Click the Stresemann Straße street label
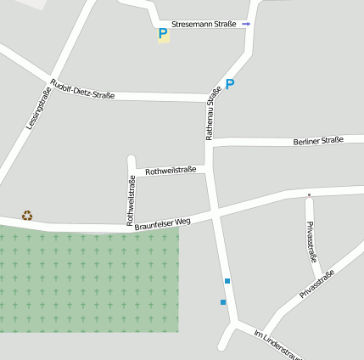tap(204, 25)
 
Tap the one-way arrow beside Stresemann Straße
tap(246, 25)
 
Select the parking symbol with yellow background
tap(163, 35)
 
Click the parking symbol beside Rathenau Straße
tap(229, 84)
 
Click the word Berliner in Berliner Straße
tap(306, 140)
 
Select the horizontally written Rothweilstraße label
tap(171, 170)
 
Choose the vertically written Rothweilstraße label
tap(131, 200)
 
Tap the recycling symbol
tap(27, 215)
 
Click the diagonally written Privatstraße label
tap(317, 283)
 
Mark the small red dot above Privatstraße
tap(309, 195)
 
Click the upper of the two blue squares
tap(227, 281)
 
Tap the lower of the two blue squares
tap(223, 302)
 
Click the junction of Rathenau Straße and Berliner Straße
tap(210, 141)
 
